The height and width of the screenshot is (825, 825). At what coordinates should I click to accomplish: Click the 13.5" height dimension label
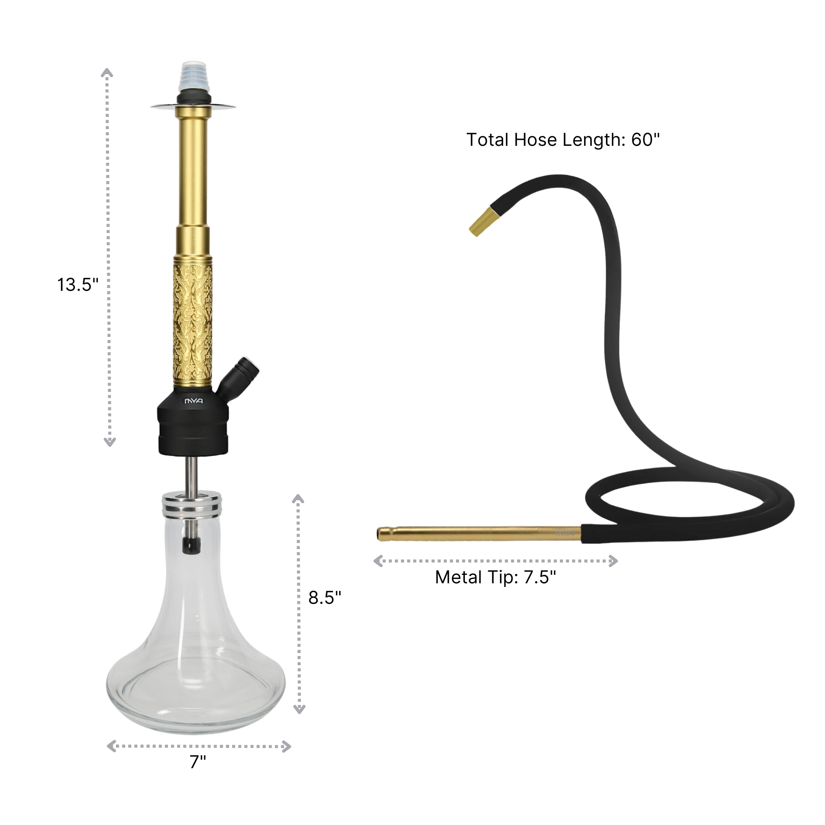point(78,285)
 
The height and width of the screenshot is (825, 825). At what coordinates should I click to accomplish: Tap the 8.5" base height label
point(325,597)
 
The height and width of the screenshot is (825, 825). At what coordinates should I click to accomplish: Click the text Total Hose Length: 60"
point(563,140)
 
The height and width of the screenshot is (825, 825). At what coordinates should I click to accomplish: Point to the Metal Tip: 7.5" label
point(495,577)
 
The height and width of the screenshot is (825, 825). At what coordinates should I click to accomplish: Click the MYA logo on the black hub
point(193,401)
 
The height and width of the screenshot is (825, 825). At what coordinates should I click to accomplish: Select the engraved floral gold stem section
point(193,320)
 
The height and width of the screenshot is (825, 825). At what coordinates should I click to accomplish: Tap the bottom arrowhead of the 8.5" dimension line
point(299,709)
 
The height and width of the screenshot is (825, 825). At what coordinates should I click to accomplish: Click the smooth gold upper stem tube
point(193,171)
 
